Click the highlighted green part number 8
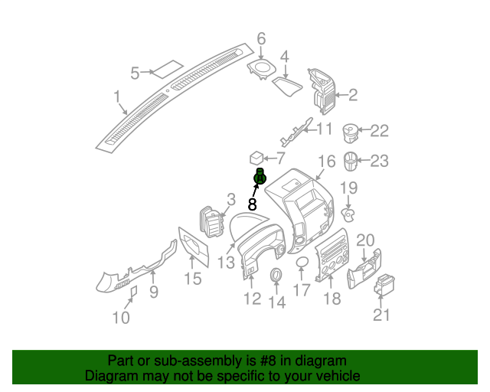click(260, 178)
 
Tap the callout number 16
click(327, 162)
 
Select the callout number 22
click(380, 131)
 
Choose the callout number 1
click(117, 97)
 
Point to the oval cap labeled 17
click(302, 263)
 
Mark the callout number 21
click(381, 315)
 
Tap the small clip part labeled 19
click(348, 213)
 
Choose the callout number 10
click(121, 316)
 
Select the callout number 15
click(192, 279)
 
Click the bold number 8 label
click(252, 204)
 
